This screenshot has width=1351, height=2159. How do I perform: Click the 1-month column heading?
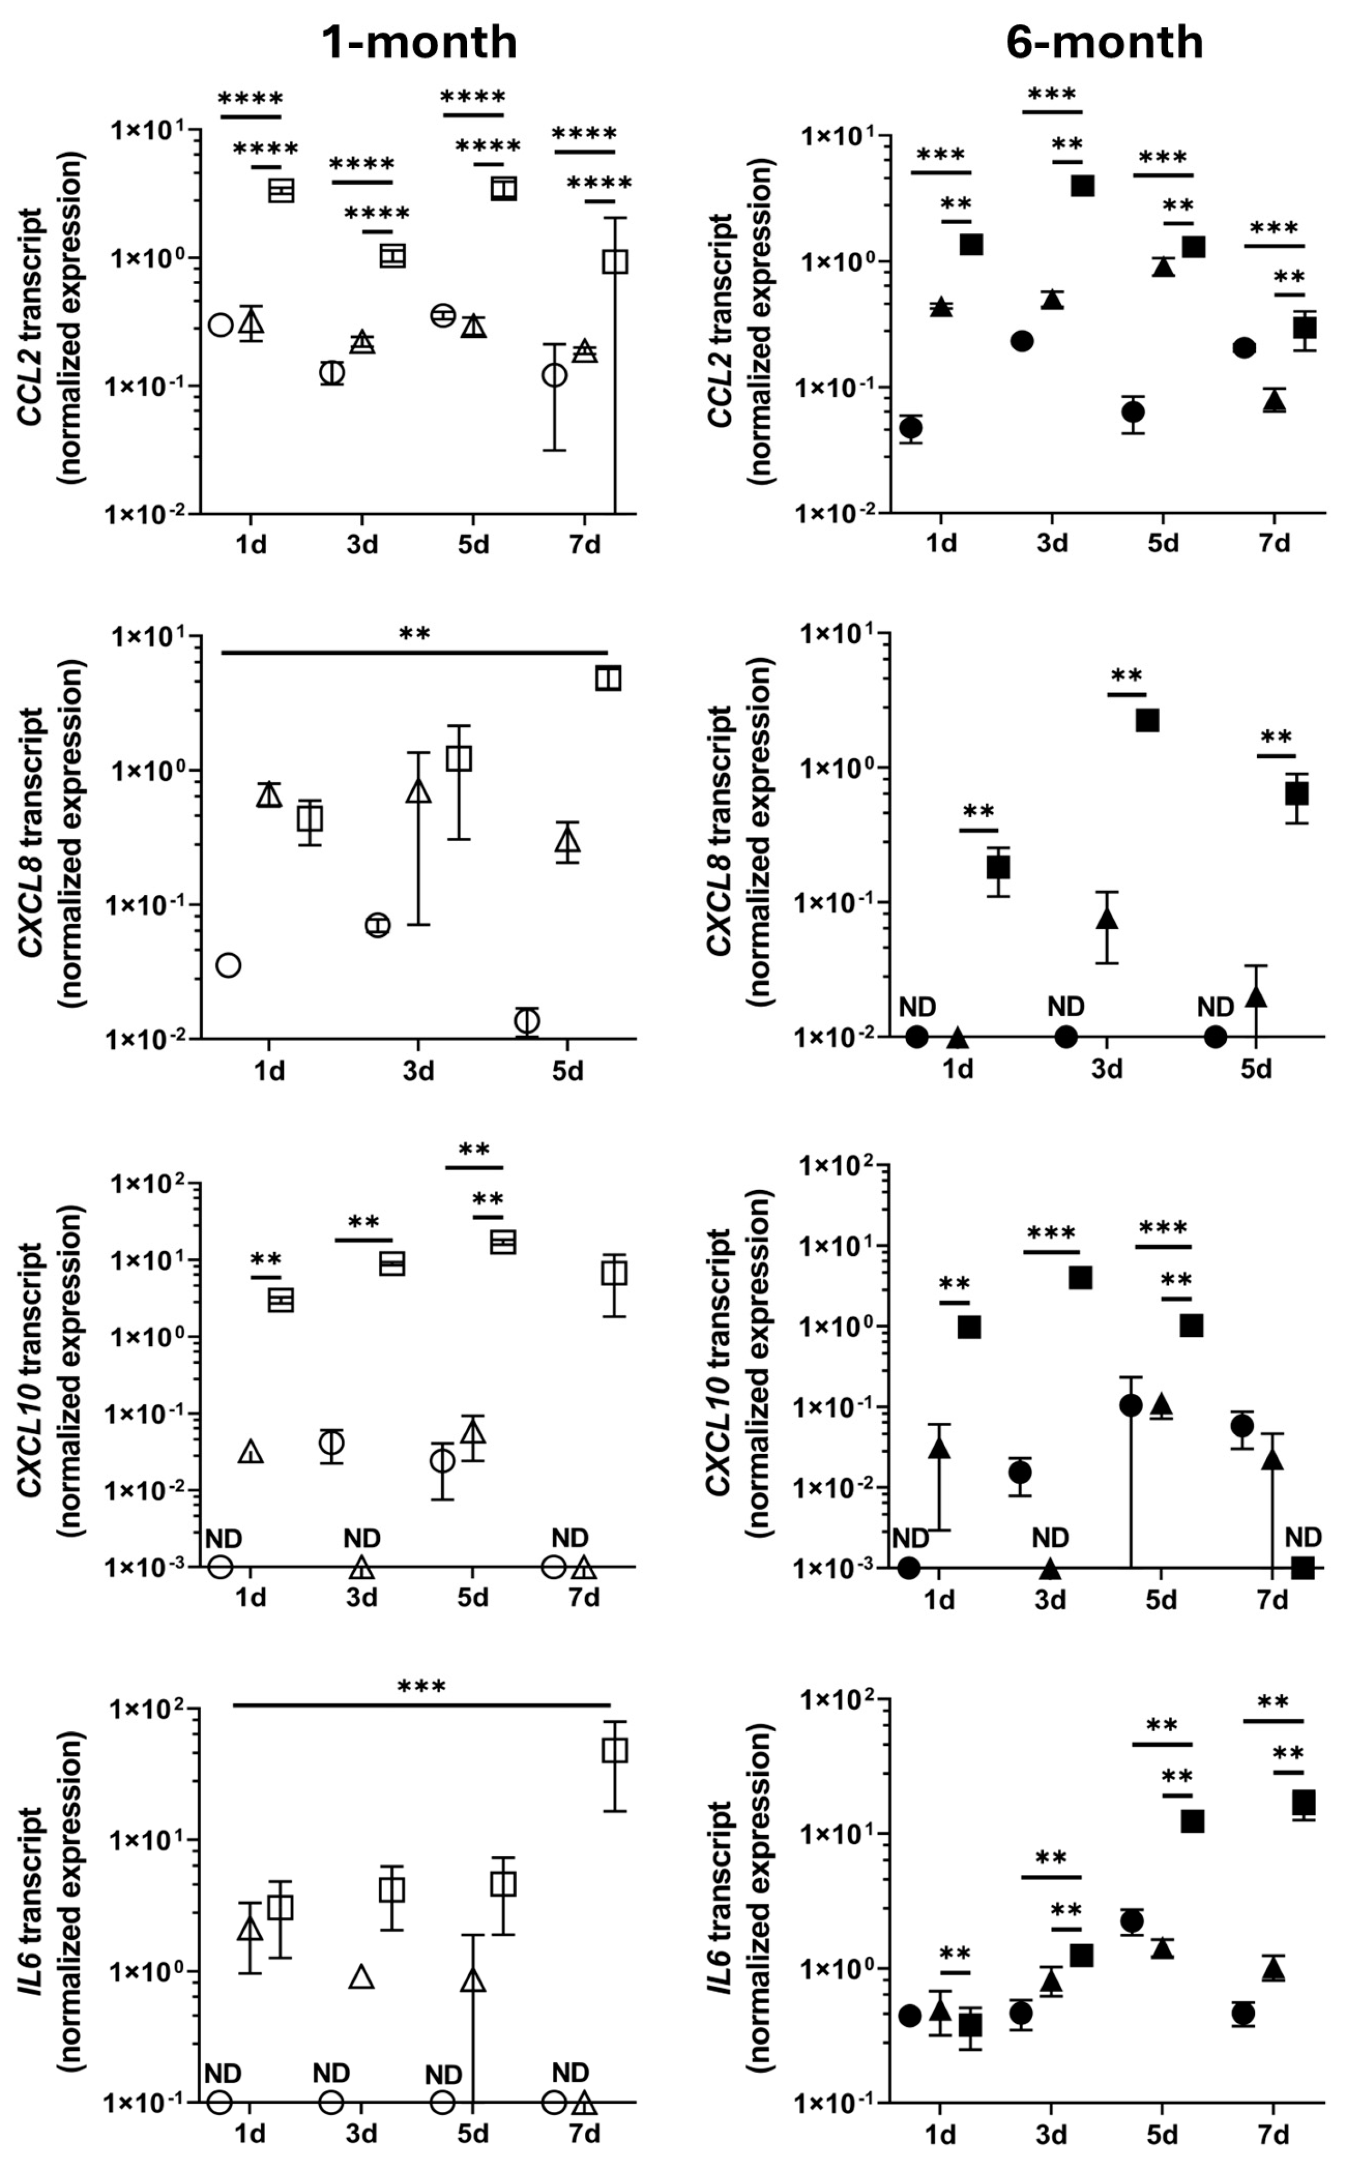(x=419, y=42)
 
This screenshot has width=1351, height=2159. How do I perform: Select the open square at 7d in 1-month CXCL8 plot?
(x=607, y=678)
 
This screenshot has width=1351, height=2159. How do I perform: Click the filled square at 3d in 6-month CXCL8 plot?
(x=1147, y=720)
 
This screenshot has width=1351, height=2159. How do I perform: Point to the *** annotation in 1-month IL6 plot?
(x=421, y=1687)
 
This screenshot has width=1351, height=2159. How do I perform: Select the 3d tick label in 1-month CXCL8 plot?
(x=417, y=1070)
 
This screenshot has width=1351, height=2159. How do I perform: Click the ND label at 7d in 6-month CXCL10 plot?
(x=1303, y=1538)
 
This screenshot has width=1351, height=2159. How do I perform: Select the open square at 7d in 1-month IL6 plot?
(x=614, y=1750)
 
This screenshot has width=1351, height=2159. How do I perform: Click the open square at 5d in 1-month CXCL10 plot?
(x=503, y=1242)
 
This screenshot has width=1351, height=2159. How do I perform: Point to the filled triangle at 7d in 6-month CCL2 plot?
(x=1274, y=402)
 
